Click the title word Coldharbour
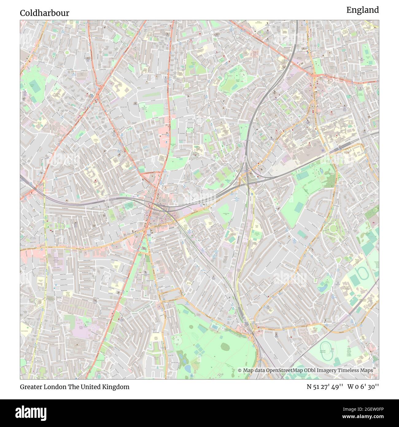coord(45,13)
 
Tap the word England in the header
coord(362,10)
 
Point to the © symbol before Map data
coord(240,370)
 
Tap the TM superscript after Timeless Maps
coord(374,369)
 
